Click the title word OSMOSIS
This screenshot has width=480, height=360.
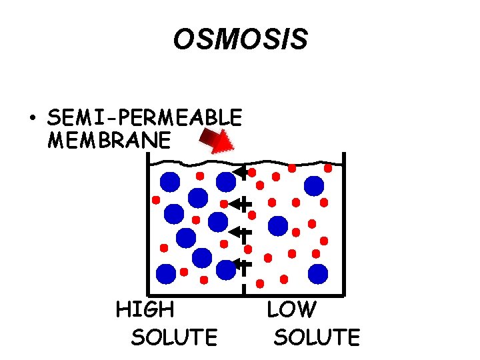[240, 40]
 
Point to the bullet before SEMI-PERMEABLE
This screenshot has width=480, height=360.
[31, 119]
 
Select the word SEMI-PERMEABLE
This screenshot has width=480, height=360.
[145, 118]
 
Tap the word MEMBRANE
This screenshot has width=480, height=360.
[110, 141]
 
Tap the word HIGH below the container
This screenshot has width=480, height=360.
[145, 310]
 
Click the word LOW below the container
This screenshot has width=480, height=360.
[291, 310]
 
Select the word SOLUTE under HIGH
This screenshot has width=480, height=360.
[174, 337]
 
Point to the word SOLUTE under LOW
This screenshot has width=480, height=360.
[317, 337]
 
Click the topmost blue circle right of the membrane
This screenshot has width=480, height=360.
[314, 185]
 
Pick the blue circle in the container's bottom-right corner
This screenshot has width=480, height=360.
[318, 273]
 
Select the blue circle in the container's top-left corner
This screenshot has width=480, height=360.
[170, 181]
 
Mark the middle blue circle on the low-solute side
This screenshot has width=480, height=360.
[278, 225]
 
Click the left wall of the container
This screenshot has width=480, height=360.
[148, 227]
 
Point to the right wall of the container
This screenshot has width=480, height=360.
[343, 227]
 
